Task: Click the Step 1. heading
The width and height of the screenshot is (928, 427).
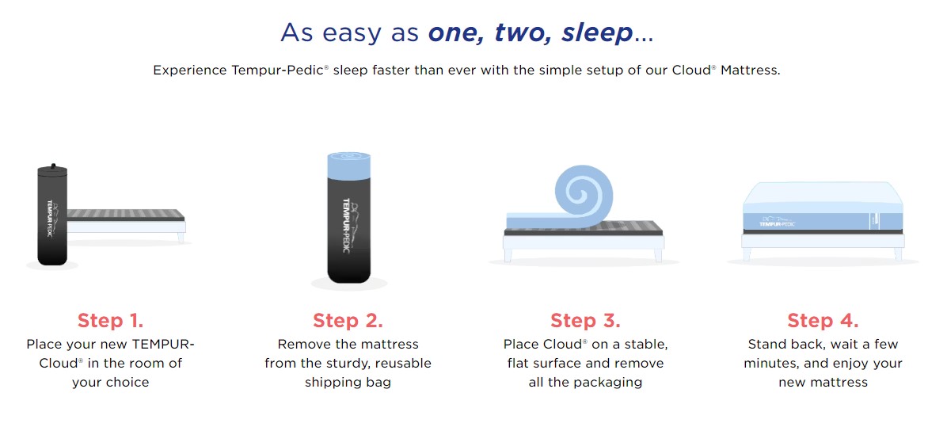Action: pyautogui.click(x=111, y=320)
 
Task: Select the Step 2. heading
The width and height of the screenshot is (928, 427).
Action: pyautogui.click(x=348, y=320)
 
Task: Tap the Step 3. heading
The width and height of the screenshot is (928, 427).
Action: pyautogui.click(x=585, y=320)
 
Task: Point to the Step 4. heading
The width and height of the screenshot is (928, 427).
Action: pyautogui.click(x=823, y=320)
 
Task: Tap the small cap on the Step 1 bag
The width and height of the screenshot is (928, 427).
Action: pyautogui.click(x=53, y=166)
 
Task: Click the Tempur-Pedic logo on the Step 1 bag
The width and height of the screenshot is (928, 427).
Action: pyautogui.click(x=51, y=217)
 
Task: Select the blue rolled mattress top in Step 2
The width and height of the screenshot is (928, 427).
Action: pyautogui.click(x=349, y=165)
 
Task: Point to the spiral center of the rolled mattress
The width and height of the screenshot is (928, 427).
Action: pyautogui.click(x=578, y=191)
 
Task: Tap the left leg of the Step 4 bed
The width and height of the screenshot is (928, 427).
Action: pyautogui.click(x=747, y=254)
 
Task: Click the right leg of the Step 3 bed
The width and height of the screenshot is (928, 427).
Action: pyautogui.click(x=658, y=255)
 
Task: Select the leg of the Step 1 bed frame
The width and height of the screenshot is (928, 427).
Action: pyautogui.click(x=181, y=238)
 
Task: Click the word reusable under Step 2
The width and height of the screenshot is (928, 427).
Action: pyautogui.click(x=402, y=363)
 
